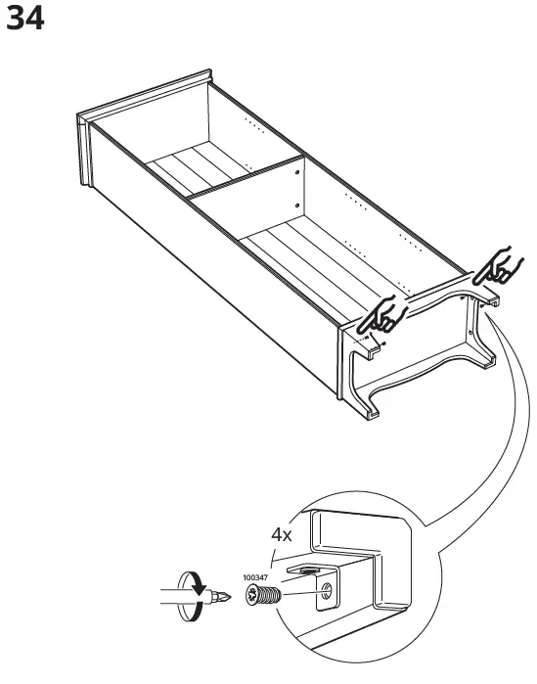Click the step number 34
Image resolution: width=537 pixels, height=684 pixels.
pyautogui.click(x=26, y=19)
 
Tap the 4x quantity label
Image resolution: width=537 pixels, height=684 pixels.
pyautogui.click(x=282, y=535)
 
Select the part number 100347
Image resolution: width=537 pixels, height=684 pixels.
pyautogui.click(x=256, y=578)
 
